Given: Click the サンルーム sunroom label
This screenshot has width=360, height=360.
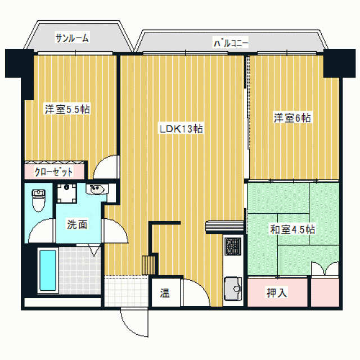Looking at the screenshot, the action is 72,38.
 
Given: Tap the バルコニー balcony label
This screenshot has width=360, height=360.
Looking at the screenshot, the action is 231,43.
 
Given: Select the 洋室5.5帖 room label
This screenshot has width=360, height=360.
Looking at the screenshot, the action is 67,109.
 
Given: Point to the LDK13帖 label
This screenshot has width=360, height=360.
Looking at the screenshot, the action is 181,129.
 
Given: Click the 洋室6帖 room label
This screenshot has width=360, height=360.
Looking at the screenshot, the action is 292,118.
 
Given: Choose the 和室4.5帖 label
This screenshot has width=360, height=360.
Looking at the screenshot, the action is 292,229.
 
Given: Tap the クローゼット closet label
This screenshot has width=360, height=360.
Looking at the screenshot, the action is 54,172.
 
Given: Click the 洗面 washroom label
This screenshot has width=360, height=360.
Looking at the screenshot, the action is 77,224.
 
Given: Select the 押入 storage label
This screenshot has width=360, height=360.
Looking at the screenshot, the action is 277,292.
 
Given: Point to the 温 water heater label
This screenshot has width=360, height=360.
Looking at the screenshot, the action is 165,293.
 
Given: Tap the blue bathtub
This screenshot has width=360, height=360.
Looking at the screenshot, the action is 48,270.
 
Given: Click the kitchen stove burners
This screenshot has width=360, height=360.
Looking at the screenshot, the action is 233,246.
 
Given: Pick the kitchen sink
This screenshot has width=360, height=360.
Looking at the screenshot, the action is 233,289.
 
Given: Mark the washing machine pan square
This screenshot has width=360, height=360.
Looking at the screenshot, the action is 66,193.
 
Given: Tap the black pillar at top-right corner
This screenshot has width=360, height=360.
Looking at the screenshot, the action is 340,64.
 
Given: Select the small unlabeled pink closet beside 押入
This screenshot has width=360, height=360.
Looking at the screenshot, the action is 325,292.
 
